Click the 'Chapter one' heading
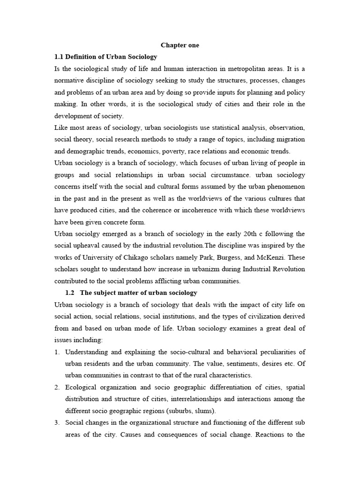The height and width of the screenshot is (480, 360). tap(180, 45)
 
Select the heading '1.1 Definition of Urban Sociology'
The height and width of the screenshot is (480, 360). tap(106, 57)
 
